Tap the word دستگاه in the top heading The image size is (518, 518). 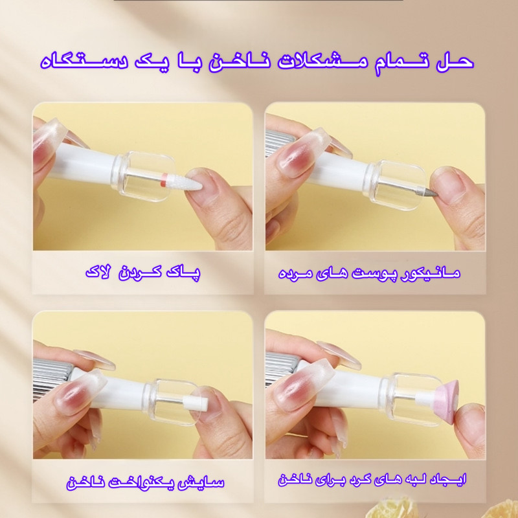click(x=85, y=62)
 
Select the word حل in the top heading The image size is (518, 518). click(x=455, y=62)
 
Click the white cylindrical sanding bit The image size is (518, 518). click(x=196, y=402)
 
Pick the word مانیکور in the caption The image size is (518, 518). click(x=430, y=273)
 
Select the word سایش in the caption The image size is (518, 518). click(x=208, y=482)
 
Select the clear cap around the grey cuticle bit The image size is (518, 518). click(x=396, y=185)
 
